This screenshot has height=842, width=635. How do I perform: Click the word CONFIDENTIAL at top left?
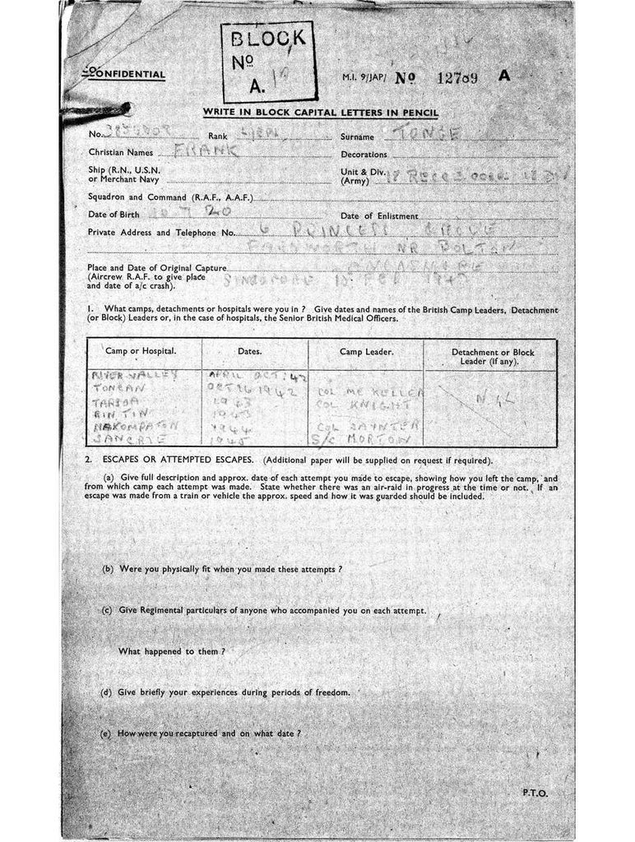point(124,76)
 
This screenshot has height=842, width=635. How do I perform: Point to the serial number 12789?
point(457,77)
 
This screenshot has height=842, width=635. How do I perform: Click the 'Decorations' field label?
point(364,155)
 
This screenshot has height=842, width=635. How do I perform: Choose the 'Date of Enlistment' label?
point(381,215)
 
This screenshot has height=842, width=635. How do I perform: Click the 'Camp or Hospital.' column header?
point(141,351)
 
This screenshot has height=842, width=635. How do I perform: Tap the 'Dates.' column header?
point(249,351)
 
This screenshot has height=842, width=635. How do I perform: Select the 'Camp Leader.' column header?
point(366,351)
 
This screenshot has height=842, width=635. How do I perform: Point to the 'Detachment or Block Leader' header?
point(493,356)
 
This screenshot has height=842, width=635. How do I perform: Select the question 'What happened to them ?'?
point(172,651)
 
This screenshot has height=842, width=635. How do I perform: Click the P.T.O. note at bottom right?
point(535,793)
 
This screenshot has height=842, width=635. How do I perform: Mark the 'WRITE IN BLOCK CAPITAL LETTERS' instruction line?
point(321,113)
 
